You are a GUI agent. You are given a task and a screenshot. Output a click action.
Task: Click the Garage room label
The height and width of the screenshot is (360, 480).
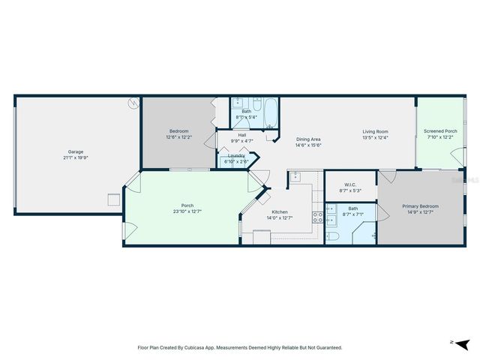coord(76,151)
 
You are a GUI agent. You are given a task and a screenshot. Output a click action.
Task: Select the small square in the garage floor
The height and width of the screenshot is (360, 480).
coord(113,199)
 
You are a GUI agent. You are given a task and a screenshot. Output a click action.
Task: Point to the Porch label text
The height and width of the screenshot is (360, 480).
coord(187,205)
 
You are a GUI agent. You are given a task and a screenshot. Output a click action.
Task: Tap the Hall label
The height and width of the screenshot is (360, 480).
coord(242,135)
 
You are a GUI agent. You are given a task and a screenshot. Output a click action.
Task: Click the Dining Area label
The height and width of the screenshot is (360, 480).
coord(308,139)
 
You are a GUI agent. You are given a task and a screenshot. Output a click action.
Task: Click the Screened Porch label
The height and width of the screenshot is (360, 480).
coord(440,131)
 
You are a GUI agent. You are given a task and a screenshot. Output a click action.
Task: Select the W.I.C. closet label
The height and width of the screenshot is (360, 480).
coord(349,184)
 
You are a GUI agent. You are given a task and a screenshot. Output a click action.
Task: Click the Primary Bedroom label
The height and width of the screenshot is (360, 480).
coord(420,205)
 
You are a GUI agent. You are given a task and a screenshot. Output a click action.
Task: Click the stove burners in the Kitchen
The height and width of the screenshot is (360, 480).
coord(317,218)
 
